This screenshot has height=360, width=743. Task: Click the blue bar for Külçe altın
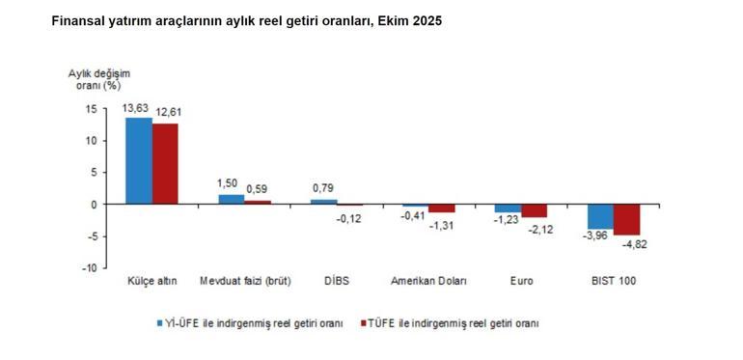pos(139,160)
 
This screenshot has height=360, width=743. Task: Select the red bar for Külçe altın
pos(165,164)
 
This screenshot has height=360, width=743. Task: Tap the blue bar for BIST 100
pos(601,216)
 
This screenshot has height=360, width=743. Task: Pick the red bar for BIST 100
pos(627,219)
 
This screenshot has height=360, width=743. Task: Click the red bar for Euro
pos(535,210)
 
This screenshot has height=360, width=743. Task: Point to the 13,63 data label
pos(136,108)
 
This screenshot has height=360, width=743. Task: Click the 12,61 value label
pos(168,112)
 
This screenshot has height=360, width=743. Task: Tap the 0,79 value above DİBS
pos(323,187)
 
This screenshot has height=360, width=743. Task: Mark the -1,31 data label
pos(442,224)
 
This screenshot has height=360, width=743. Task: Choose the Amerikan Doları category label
pos(428,282)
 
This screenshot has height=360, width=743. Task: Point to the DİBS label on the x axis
pos(336,282)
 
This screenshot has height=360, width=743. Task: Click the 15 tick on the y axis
pos(91,109)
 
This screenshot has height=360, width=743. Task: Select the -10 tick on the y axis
pos(88,268)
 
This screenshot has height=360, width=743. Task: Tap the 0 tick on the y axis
pos(94,205)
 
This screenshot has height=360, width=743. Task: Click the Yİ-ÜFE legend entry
pos(250,324)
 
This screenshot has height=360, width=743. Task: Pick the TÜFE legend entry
pos(449,324)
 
